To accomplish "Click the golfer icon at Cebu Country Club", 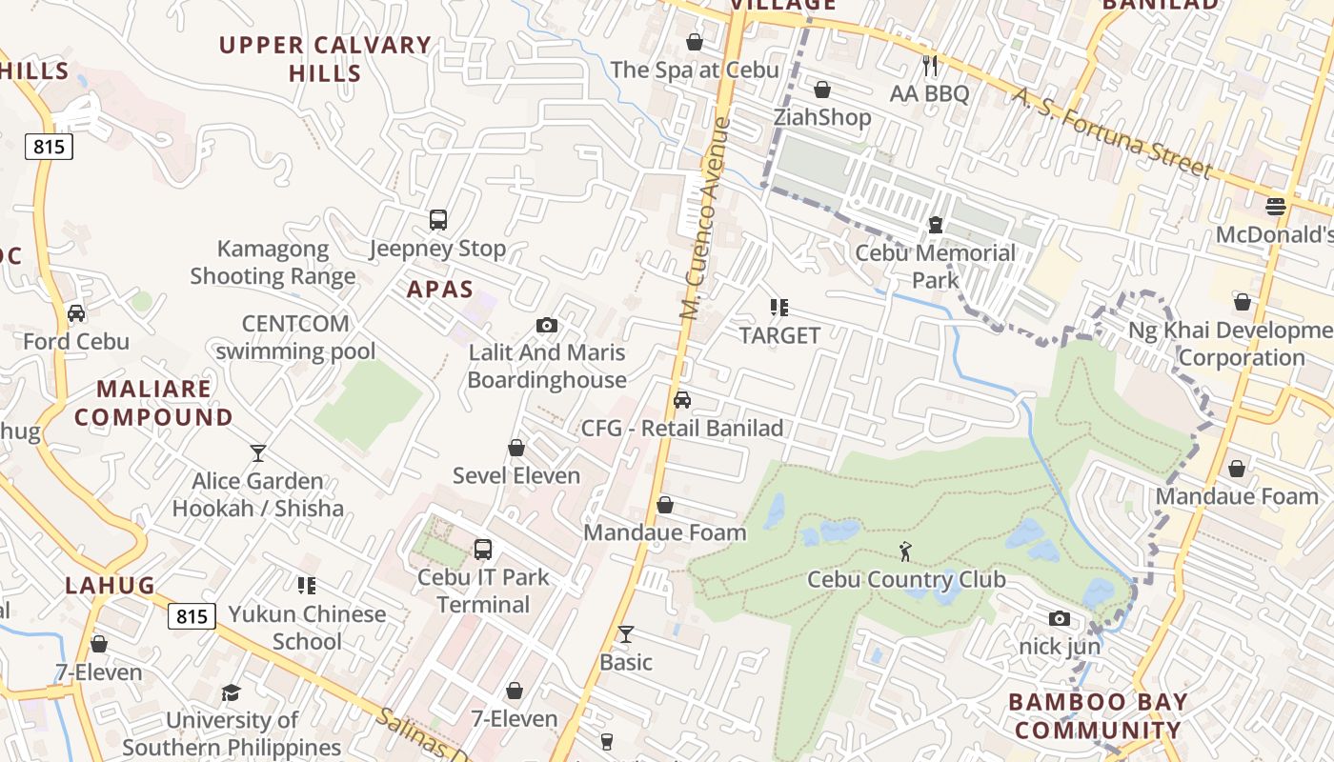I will (x=905, y=551).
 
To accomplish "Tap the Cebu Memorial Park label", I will (x=935, y=267).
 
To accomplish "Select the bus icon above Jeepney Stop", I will (x=438, y=220).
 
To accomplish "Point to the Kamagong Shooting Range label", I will (x=273, y=263).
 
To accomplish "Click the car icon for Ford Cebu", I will (x=76, y=313).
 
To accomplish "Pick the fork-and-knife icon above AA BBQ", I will (x=931, y=65).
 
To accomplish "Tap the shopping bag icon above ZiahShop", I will (x=821, y=90).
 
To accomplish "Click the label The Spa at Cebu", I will (x=695, y=70).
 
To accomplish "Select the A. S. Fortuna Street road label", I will (x=1112, y=132).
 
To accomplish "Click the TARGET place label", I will (x=779, y=335).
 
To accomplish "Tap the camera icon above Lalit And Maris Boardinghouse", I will (x=546, y=325).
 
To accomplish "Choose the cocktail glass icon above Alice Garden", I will (x=257, y=452).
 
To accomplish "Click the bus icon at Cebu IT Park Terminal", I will (x=483, y=550).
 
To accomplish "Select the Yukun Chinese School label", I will (x=307, y=628).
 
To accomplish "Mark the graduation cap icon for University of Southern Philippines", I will (x=231, y=692).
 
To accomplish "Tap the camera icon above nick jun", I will (x=1059, y=619).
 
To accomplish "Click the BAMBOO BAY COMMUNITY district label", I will (x=1098, y=716).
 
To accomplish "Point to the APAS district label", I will (x=440, y=289).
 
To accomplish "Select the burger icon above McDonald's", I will (x=1276, y=206).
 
